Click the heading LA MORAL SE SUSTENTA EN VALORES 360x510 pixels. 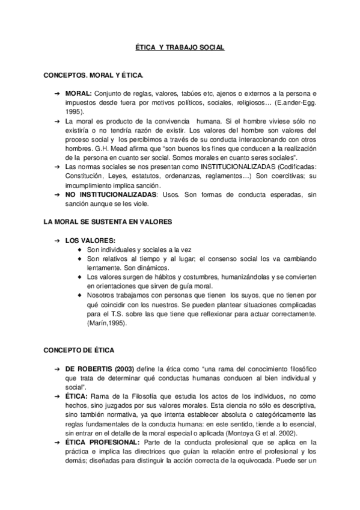tap(108, 221)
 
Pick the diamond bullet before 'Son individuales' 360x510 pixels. tap(81, 250)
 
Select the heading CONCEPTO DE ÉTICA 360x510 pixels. tap(80, 349)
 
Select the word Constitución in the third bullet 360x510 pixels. tap(85, 174)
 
